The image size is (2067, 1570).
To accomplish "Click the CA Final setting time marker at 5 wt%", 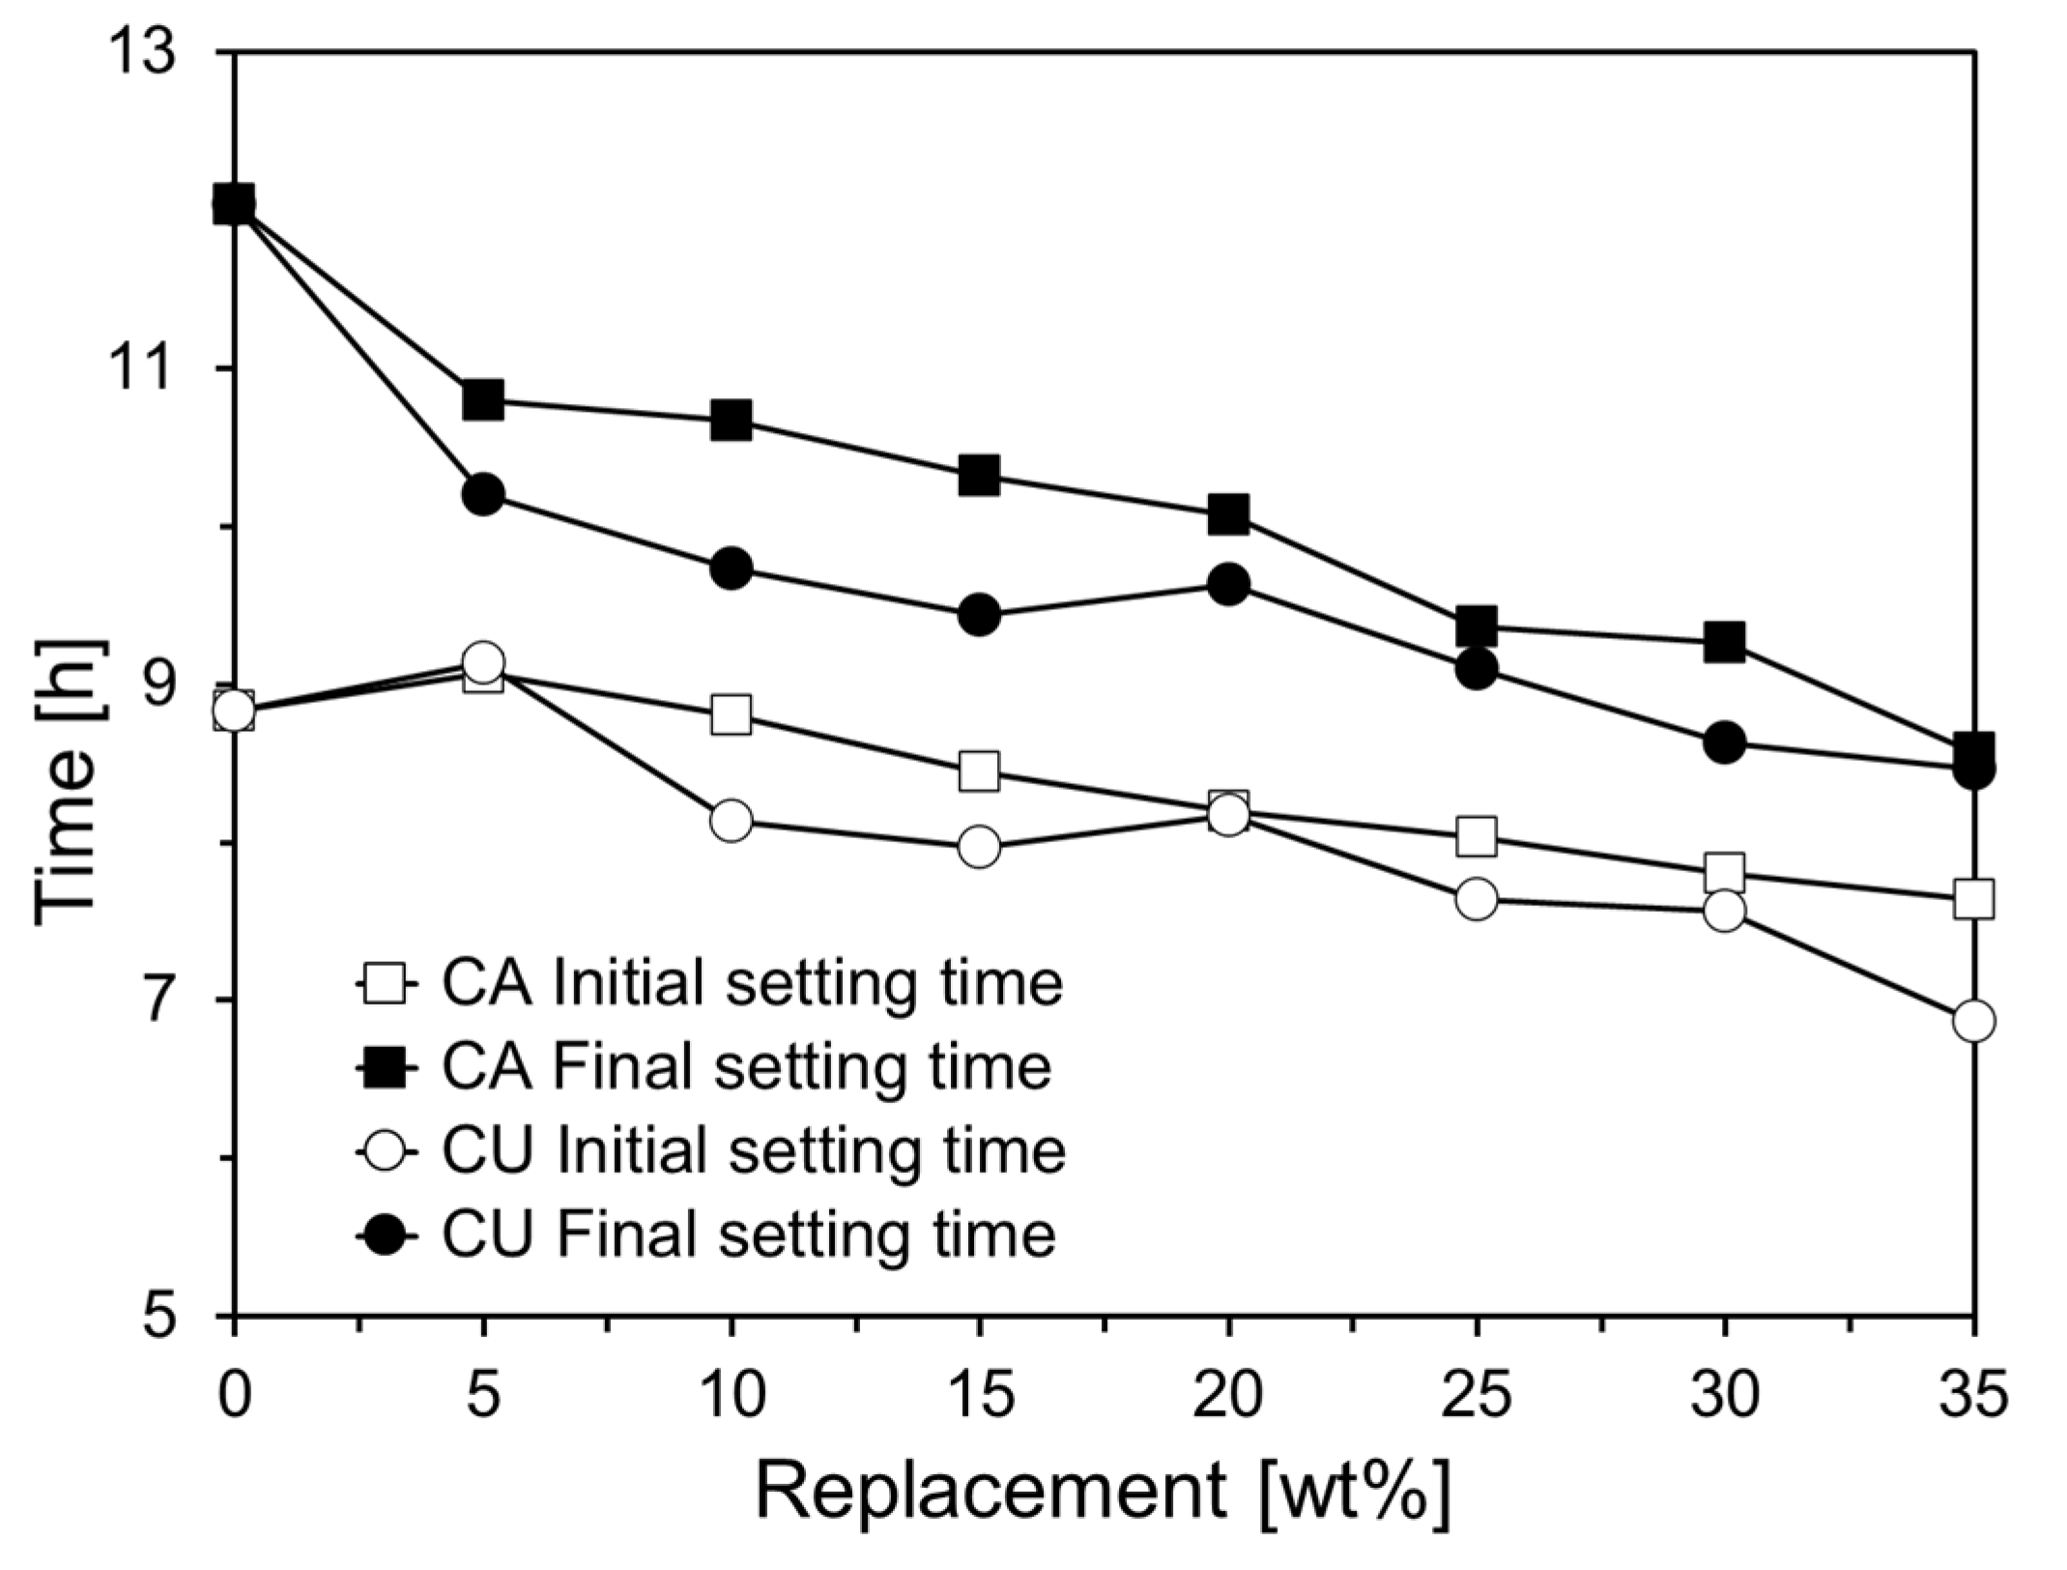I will coord(482,399).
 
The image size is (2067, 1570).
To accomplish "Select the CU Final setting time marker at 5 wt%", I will coord(482,495).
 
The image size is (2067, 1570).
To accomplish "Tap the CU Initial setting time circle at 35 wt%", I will coord(1973,1021).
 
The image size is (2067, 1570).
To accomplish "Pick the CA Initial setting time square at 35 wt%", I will coord(1973,899).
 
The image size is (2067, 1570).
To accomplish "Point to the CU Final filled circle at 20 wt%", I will coord(1228,584).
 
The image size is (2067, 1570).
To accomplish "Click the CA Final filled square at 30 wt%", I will coord(1725,641).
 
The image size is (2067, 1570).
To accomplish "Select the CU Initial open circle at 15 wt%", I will coord(979,847).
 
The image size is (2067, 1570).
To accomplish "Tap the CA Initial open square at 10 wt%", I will coord(731,715).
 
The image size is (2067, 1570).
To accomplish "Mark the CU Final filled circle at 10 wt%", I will coord(731,568).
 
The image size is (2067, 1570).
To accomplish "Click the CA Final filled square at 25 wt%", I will coord(1477,625).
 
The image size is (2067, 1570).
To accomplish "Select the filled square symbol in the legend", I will coord(386,1068).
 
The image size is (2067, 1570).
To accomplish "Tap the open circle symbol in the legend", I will coord(386,1151).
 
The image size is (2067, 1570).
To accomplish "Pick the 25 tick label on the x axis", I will coord(1477,1396).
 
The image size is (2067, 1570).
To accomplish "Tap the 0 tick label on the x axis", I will coord(234,1396).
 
